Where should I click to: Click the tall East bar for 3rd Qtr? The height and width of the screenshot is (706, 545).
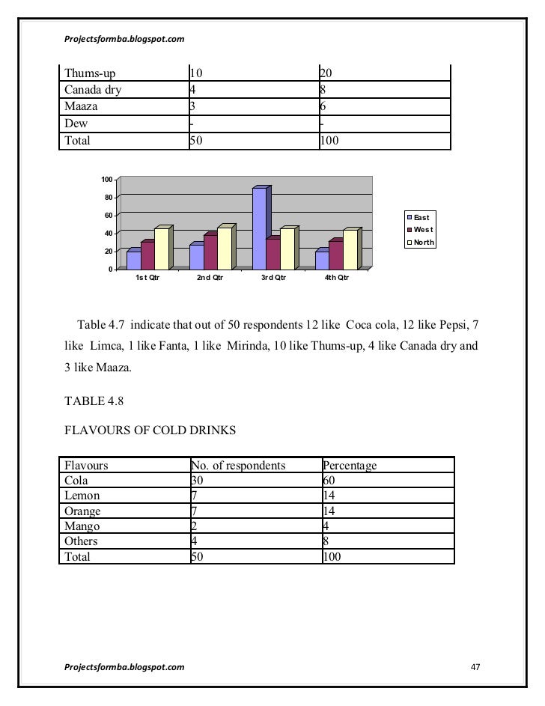click(260, 228)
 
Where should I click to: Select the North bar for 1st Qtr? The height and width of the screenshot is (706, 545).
click(162, 249)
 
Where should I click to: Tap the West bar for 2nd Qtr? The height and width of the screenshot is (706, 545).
click(210, 252)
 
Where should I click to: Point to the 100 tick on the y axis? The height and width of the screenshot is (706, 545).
click(106, 180)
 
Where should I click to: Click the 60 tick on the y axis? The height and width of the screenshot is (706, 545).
click(107, 216)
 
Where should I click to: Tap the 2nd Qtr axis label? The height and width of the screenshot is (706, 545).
click(210, 279)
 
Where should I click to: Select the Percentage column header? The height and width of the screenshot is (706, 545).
click(350, 466)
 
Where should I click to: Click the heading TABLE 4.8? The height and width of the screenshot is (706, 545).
click(94, 402)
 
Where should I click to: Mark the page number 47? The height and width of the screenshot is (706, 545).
click(474, 666)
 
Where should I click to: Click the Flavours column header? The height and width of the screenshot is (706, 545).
click(87, 466)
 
